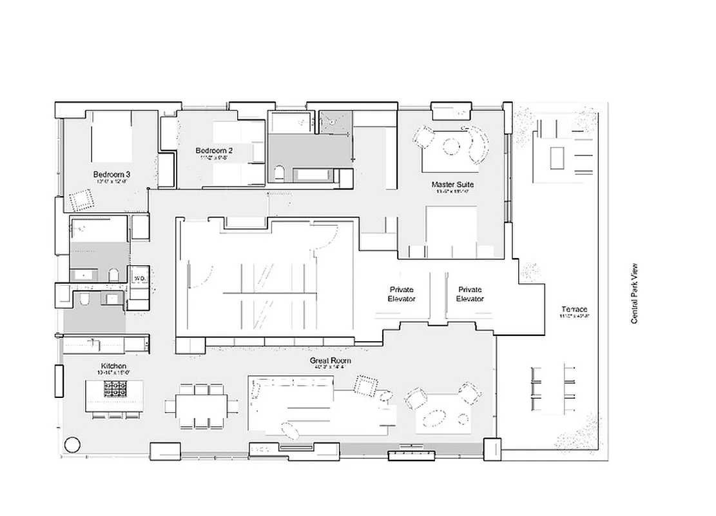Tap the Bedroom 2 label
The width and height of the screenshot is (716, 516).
click(214, 151)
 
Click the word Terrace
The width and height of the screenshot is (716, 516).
click(574, 310)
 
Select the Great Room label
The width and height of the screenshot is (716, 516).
click(327, 362)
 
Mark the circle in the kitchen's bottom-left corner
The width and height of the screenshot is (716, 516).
click(72, 444)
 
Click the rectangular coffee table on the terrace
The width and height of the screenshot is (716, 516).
click(556, 156)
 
